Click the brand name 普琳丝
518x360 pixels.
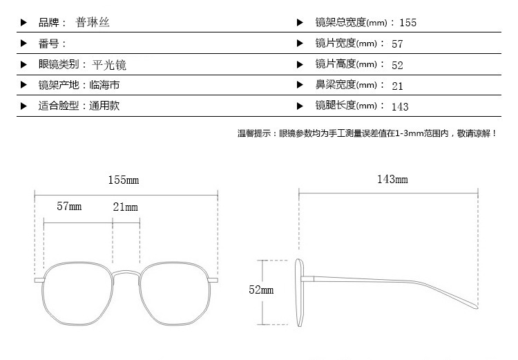coord(93,23)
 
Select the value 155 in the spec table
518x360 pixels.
coord(408,23)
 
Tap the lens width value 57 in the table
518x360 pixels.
coord(397,44)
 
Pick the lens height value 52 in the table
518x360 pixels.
coord(397,65)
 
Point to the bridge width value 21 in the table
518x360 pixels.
coord(397,86)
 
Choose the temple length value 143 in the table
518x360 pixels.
coord(400,106)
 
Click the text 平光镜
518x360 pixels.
coord(109,65)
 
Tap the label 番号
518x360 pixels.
coord(48,44)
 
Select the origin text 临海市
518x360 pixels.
coord(104,85)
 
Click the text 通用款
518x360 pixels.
coord(104,106)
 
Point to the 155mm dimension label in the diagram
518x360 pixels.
coord(124,180)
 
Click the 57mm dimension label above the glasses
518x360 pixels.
coord(69,207)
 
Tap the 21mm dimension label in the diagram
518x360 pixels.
coord(125,207)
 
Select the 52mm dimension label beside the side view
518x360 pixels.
coord(261,290)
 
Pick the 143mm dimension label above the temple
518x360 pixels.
coord(392,179)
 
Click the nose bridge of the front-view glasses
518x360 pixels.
coord(126,274)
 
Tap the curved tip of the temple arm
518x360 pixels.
coord(476,306)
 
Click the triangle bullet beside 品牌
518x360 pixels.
coord(23,23)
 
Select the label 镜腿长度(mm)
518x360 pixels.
coord(346,106)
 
